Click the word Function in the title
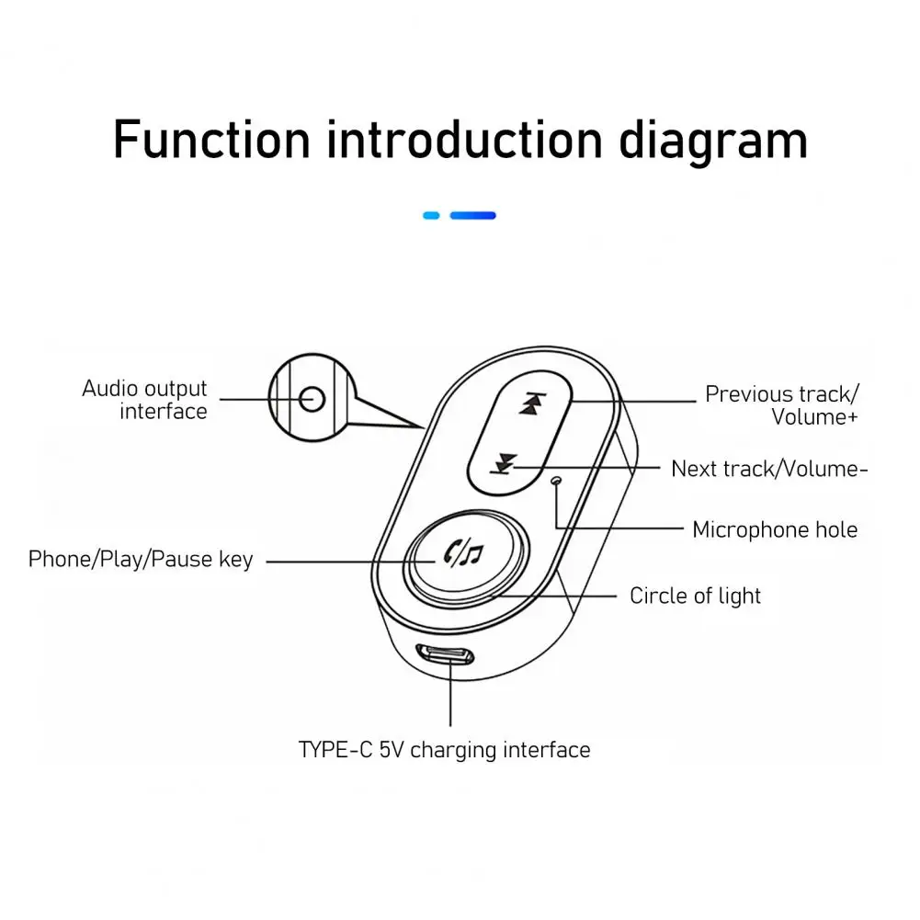pyautogui.click(x=211, y=140)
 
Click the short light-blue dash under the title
pyautogui.click(x=431, y=216)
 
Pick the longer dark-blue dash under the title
pyautogui.click(x=472, y=216)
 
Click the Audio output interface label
pyautogui.click(x=145, y=400)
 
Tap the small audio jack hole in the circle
pyautogui.click(x=312, y=399)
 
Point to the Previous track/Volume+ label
pyautogui.click(x=782, y=405)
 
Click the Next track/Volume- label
pyautogui.click(x=769, y=469)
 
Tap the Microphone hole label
pyautogui.click(x=774, y=530)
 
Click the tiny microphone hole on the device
pyautogui.click(x=554, y=481)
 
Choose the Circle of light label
pyautogui.click(x=695, y=596)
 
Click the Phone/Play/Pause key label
pyautogui.click(x=141, y=560)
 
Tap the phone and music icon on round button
pyautogui.click(x=462, y=553)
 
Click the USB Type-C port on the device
pyautogui.click(x=445, y=656)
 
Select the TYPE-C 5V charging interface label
pyautogui.click(x=444, y=750)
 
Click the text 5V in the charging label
pyautogui.click(x=392, y=750)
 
